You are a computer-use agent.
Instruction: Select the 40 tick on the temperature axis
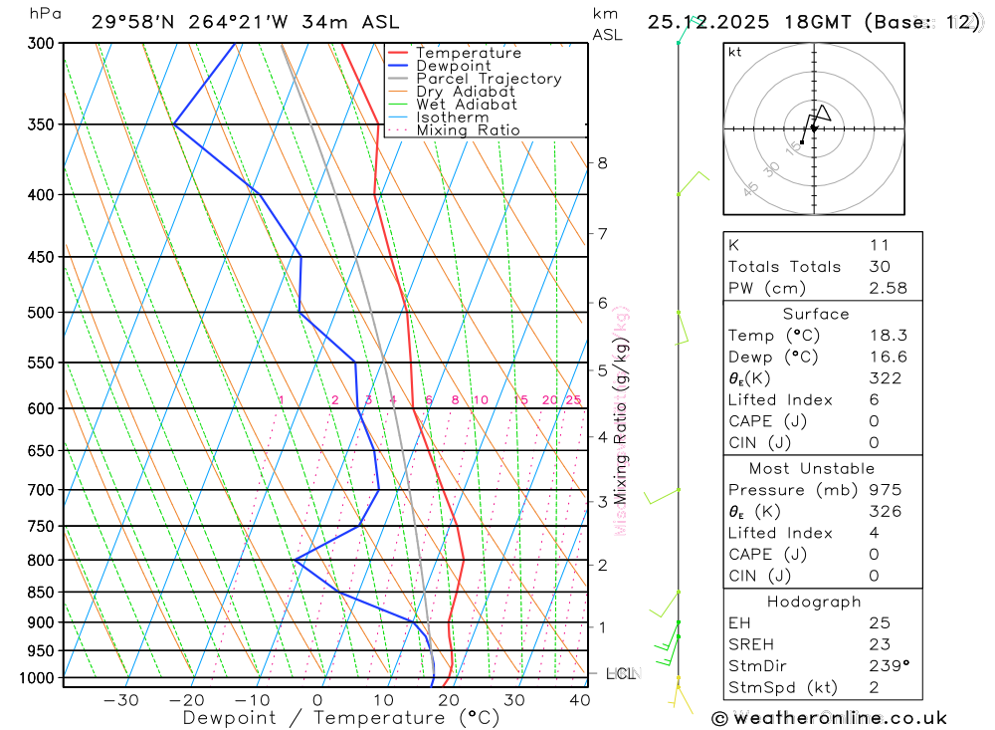click(x=579, y=700)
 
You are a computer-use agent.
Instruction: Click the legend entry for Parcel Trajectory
click(x=489, y=79)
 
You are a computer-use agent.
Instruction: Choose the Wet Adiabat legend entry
click(x=467, y=105)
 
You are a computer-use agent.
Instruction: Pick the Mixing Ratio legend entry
click(x=468, y=130)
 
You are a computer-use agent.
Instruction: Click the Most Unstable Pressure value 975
click(x=884, y=490)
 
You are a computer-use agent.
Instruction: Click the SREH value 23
click(x=879, y=644)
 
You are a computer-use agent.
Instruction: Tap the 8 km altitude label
click(x=602, y=163)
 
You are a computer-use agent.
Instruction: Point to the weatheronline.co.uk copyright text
click(x=831, y=718)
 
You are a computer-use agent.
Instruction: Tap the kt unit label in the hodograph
click(x=734, y=53)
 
